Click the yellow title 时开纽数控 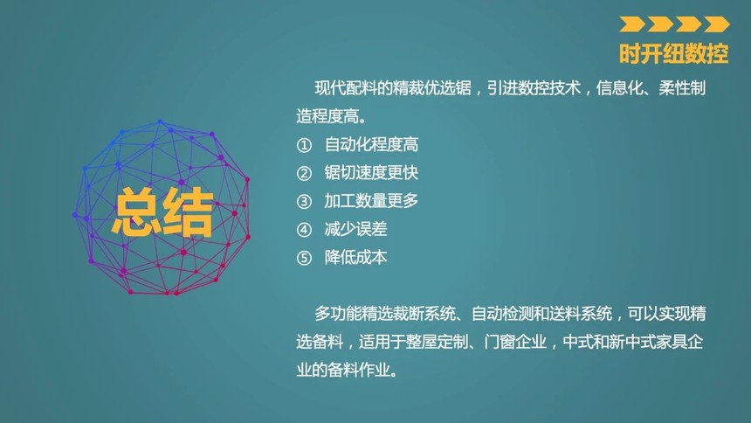coord(673,53)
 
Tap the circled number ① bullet coord(304,145)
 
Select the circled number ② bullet coord(304,173)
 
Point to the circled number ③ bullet coord(304,201)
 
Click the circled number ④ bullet coord(304,230)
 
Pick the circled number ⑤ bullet coord(304,258)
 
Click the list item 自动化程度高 coord(371,144)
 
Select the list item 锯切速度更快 coord(371,173)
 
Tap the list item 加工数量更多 coord(371,201)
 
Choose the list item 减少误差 coord(355,229)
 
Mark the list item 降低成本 coord(355,258)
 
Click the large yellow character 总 coord(136,211)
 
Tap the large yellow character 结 coord(188,211)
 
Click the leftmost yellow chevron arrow coord(631,24)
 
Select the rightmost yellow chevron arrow coord(717,24)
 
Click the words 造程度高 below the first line coord(327,116)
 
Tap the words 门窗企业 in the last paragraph coord(515,342)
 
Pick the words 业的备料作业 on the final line coord(343,371)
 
